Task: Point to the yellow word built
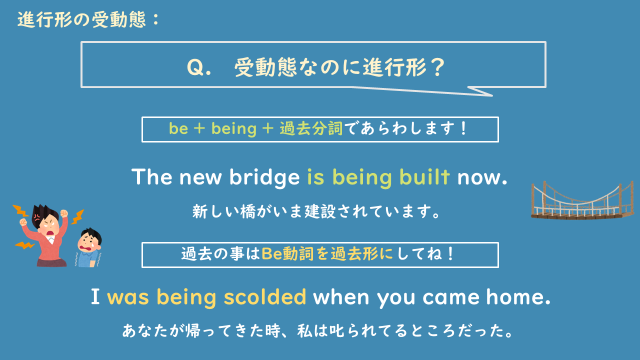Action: (x=425, y=179)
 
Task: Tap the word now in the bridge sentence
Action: (x=483, y=179)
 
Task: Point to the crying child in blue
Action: (x=89, y=247)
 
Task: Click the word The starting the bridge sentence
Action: (x=154, y=179)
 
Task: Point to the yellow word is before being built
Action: (x=315, y=179)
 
